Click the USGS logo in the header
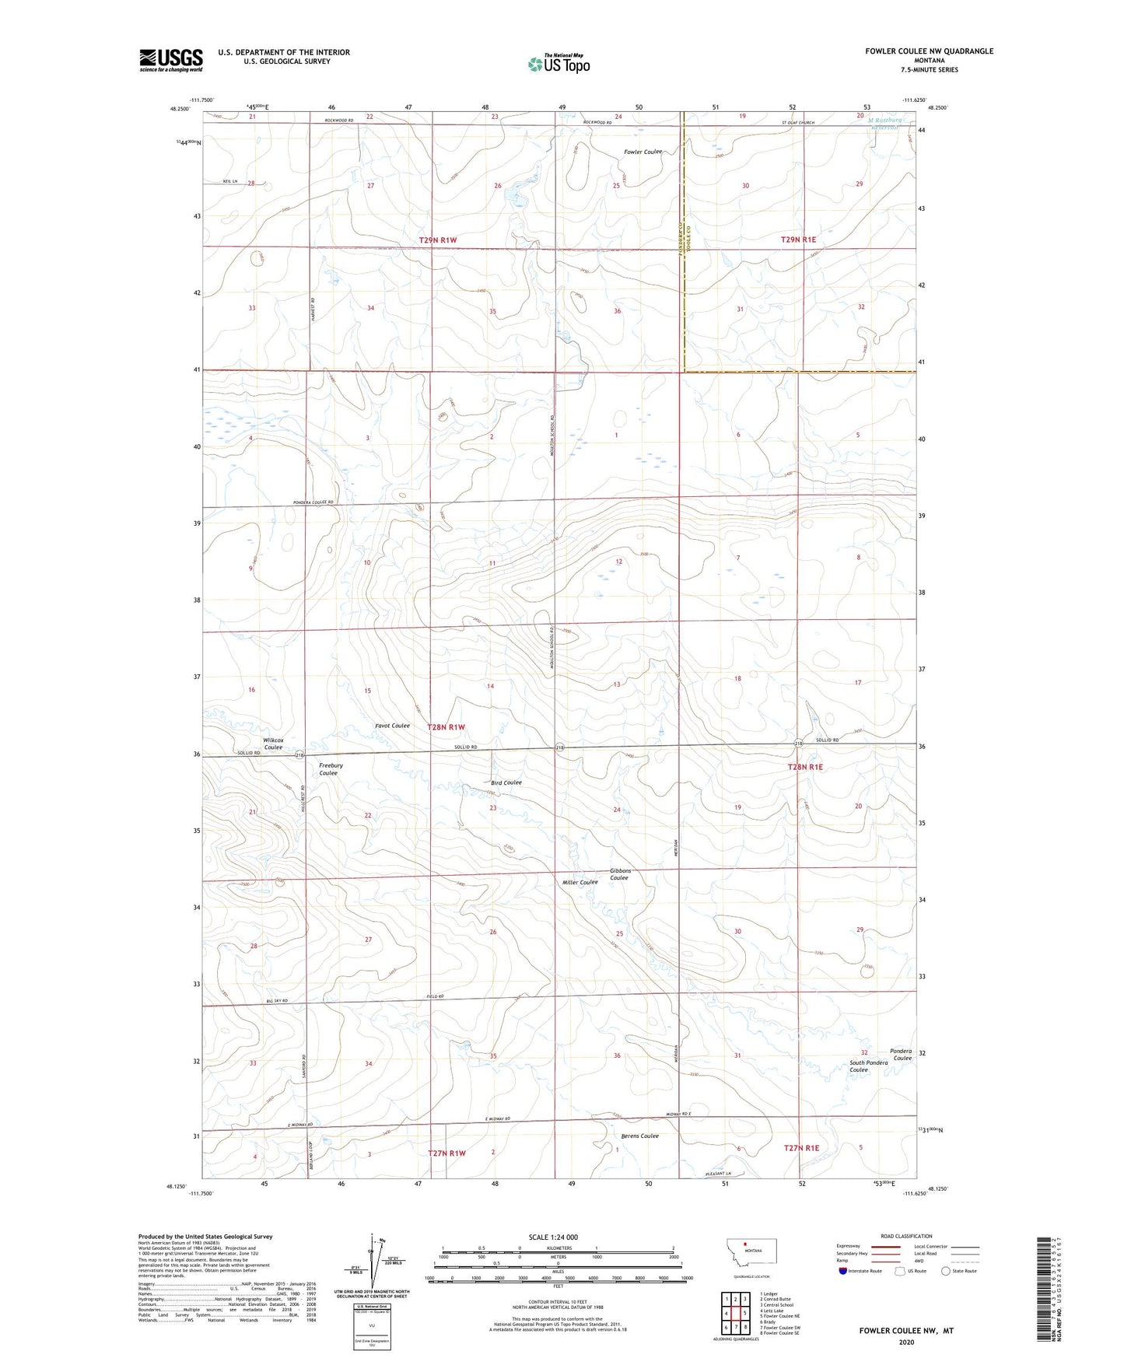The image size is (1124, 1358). point(170,60)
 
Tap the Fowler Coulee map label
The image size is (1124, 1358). point(642,152)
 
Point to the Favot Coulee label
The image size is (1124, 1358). point(391,726)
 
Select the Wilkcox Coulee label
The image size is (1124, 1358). point(272,743)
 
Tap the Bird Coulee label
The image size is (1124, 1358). point(506,782)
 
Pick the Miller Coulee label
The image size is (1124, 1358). point(580,882)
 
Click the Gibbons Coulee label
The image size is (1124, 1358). point(620,874)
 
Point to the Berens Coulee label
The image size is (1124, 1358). point(639,1136)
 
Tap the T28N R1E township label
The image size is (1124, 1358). point(804,767)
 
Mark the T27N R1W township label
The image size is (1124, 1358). point(446,1153)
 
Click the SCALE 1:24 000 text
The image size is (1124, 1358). point(553,1237)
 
